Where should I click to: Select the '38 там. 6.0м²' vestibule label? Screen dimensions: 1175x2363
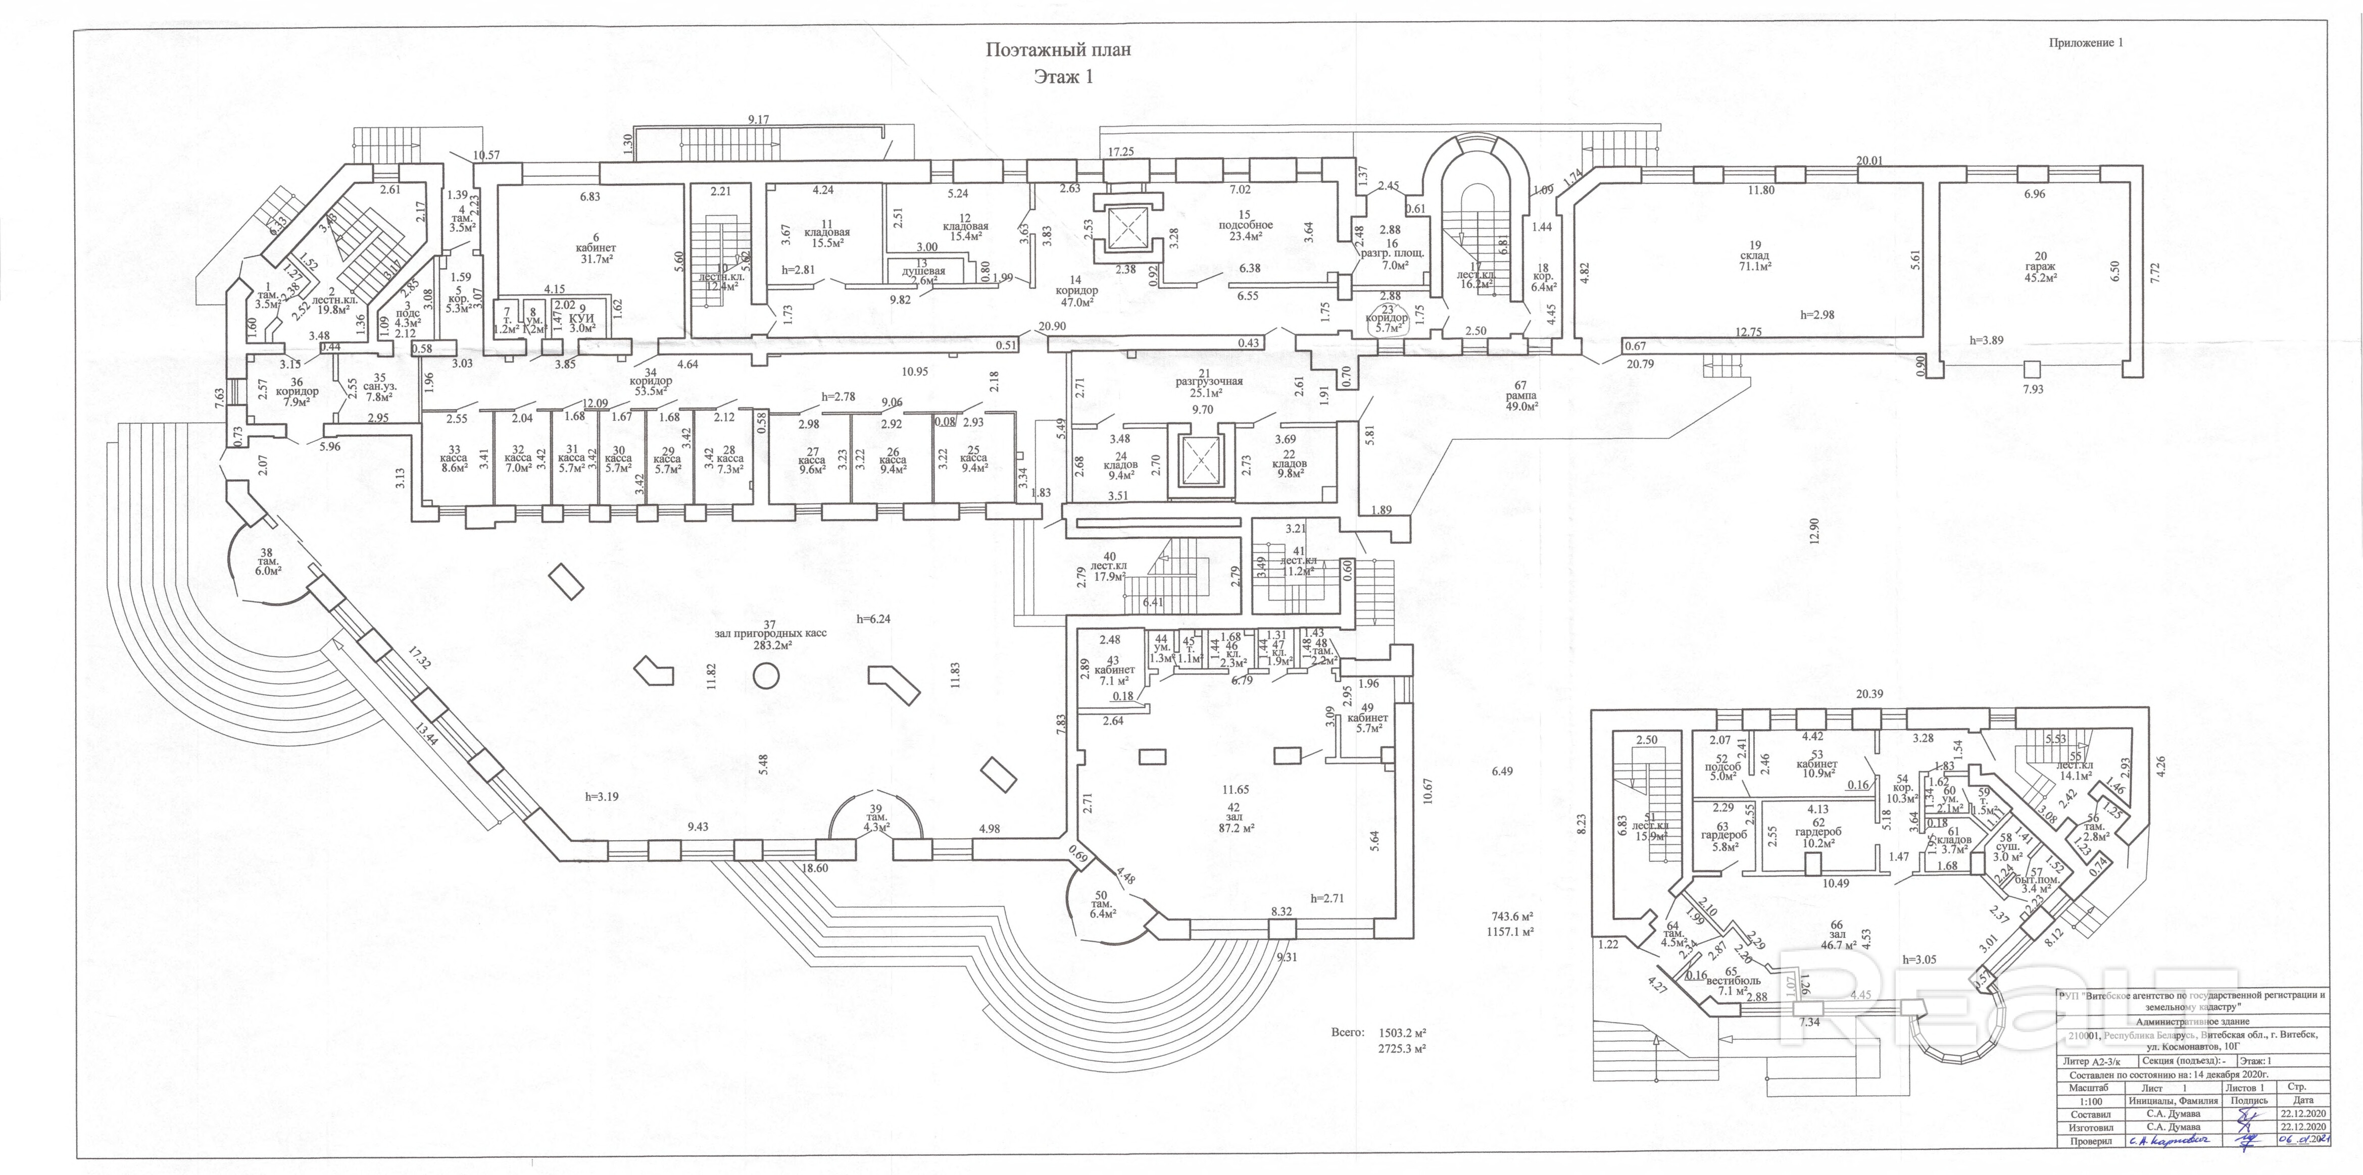click(x=267, y=560)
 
